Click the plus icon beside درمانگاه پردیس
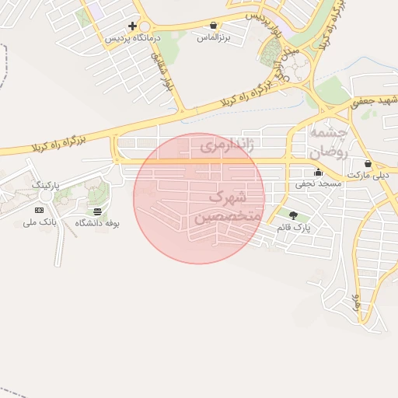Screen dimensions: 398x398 pos(133,26)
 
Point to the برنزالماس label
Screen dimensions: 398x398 pos(213,37)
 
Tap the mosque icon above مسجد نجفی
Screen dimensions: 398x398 pos(317,173)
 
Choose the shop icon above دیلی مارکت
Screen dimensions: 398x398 pos(367,164)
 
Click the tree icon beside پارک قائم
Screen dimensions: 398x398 pos(292,215)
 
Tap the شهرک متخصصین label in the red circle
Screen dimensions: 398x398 pos(227,207)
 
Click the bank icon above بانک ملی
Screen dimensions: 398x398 pos(40,210)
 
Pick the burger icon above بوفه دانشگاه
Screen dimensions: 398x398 pos(97,211)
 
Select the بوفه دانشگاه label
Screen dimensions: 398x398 pos(97,223)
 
